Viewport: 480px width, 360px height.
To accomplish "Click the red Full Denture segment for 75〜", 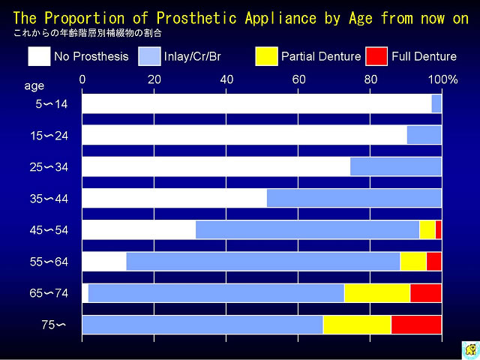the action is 416,325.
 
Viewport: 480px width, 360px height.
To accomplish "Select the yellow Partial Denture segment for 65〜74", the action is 377,293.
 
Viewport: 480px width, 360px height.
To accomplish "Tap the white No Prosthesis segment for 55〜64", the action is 104,262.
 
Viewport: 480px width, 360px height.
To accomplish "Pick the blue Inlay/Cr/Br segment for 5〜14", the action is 436,103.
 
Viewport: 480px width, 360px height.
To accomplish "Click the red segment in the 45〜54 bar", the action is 438,229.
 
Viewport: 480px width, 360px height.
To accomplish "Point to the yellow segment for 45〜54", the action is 427,229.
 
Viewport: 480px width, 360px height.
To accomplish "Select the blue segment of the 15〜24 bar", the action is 424,135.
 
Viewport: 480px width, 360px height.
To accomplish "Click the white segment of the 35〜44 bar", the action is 175,198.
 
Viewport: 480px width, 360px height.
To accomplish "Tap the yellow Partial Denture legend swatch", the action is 267,56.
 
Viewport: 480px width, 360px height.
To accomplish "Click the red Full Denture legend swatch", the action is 376,56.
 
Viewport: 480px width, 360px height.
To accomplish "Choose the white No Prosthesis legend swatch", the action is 39,56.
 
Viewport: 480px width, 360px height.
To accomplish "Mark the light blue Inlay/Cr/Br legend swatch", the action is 149,56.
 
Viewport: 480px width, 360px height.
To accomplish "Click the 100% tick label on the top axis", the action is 442,80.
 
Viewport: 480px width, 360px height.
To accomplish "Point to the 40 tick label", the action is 226,80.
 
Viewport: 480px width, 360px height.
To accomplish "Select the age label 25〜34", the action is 49,167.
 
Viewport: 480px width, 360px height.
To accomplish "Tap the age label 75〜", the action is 53,325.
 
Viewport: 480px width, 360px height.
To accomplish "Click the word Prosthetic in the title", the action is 196,18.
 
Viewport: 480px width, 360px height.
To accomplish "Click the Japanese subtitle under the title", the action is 88,33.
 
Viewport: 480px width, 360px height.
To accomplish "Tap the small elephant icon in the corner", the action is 471,349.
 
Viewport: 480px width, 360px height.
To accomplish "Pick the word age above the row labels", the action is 34,86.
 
